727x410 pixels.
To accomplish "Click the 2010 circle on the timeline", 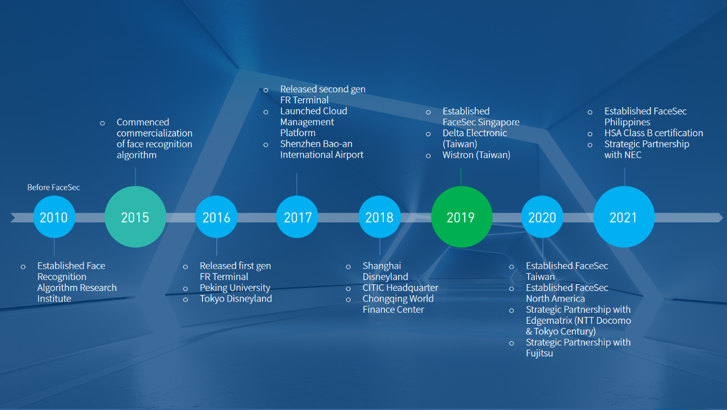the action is point(54,217).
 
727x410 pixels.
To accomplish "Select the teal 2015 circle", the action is point(136,217).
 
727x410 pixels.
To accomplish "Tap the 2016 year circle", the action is point(216,217).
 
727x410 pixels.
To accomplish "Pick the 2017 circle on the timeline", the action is point(297,217).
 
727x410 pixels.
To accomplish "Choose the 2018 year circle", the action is point(380,217).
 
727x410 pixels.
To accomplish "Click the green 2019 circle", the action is point(462,217).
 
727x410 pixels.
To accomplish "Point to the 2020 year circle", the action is point(542,217).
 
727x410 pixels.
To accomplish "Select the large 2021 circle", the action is point(624,217).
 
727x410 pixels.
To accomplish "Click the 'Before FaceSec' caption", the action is point(53,188).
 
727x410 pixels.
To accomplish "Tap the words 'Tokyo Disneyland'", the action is point(236,299).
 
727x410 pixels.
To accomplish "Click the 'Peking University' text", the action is point(235,288).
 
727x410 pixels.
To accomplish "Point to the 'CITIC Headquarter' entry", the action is point(400,288).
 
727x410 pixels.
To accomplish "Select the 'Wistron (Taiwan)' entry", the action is point(477,155).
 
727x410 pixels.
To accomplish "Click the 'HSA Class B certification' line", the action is point(654,133).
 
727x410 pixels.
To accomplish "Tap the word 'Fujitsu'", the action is point(540,353).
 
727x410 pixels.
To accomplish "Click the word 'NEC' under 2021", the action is point(632,155).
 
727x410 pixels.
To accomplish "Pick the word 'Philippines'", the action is point(627,122).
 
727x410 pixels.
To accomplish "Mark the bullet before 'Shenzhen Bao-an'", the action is point(266,145).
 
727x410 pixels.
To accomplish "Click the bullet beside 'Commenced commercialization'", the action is point(102,123).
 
